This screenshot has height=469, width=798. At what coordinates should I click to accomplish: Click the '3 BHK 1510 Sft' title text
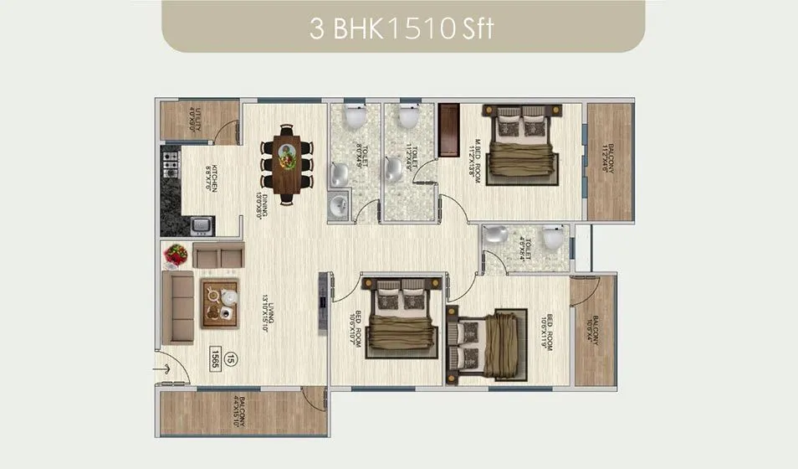tap(402, 28)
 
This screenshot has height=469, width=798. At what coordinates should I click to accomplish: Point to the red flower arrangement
tap(176, 255)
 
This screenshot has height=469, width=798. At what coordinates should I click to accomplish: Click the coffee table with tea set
tap(219, 302)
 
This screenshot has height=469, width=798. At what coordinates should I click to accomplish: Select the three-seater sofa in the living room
tap(178, 308)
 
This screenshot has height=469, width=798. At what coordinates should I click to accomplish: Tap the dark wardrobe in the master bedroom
tap(448, 129)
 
